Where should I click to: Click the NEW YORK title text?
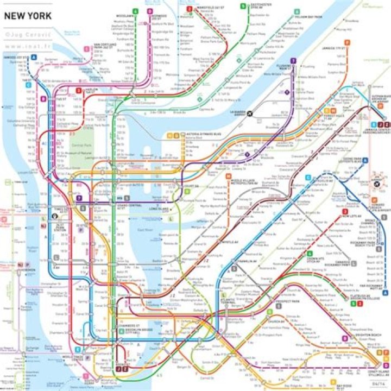(28, 15)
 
